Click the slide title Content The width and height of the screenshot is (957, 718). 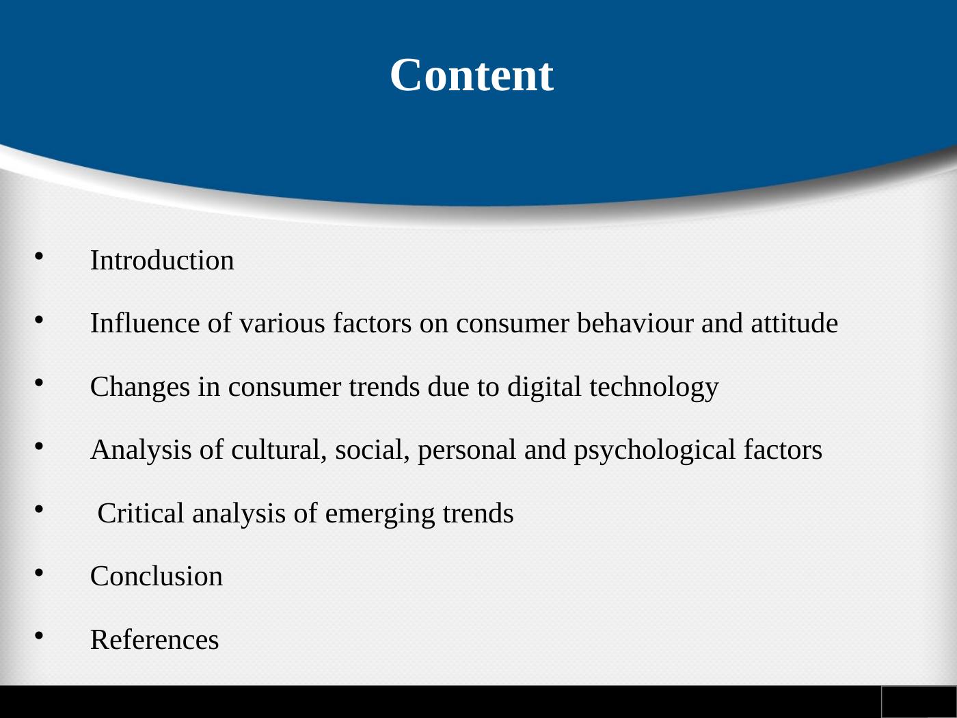tap(471, 75)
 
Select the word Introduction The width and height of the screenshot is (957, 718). tap(162, 261)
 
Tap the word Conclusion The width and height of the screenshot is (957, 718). tap(157, 576)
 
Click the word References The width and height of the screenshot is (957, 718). tap(154, 640)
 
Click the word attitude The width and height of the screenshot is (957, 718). tap(794, 323)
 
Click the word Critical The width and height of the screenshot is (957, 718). tap(141, 514)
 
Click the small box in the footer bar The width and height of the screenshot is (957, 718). tap(919, 702)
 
